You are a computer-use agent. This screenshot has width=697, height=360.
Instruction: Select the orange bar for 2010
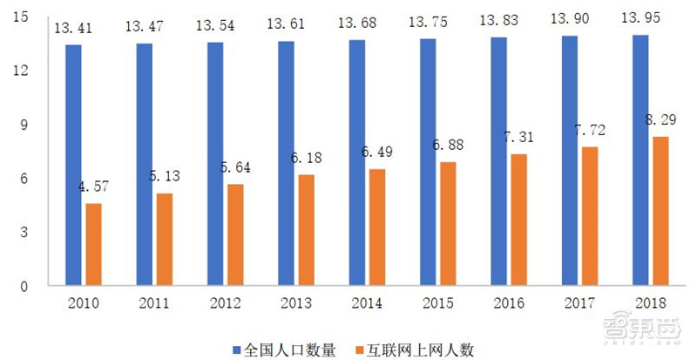point(92,245)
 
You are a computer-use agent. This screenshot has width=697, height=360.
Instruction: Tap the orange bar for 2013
point(306,230)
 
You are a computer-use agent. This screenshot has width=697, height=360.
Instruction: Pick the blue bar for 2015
point(428,162)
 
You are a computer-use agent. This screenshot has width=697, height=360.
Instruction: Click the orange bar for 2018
point(660,211)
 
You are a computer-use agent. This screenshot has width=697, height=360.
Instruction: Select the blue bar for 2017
point(570,160)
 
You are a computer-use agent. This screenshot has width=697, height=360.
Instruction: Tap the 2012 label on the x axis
point(225,302)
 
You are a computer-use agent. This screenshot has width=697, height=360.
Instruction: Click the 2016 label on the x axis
point(509,302)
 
